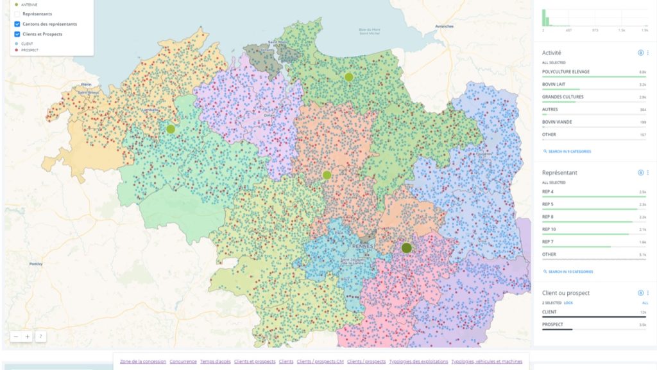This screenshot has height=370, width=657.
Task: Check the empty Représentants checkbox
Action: [x=17, y=13]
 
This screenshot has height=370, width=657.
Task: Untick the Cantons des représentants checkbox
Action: [x=17, y=24]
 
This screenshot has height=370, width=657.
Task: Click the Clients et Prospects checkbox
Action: [x=17, y=34]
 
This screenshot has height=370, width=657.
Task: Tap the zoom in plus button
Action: [x=27, y=336]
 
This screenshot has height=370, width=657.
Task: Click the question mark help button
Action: [x=40, y=336]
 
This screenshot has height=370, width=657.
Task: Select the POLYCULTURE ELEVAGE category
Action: [x=565, y=72]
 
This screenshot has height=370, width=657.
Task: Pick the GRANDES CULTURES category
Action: [x=563, y=97]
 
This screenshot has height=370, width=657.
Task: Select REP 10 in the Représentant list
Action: [x=549, y=229]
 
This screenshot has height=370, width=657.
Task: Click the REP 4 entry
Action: [x=548, y=191]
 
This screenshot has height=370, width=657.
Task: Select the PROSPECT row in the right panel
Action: [x=552, y=324]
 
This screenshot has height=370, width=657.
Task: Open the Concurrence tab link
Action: [x=183, y=362]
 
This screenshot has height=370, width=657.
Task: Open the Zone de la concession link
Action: [x=142, y=362]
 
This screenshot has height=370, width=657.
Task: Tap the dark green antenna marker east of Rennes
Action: [x=406, y=248]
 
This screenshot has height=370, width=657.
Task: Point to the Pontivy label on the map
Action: [x=36, y=264]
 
